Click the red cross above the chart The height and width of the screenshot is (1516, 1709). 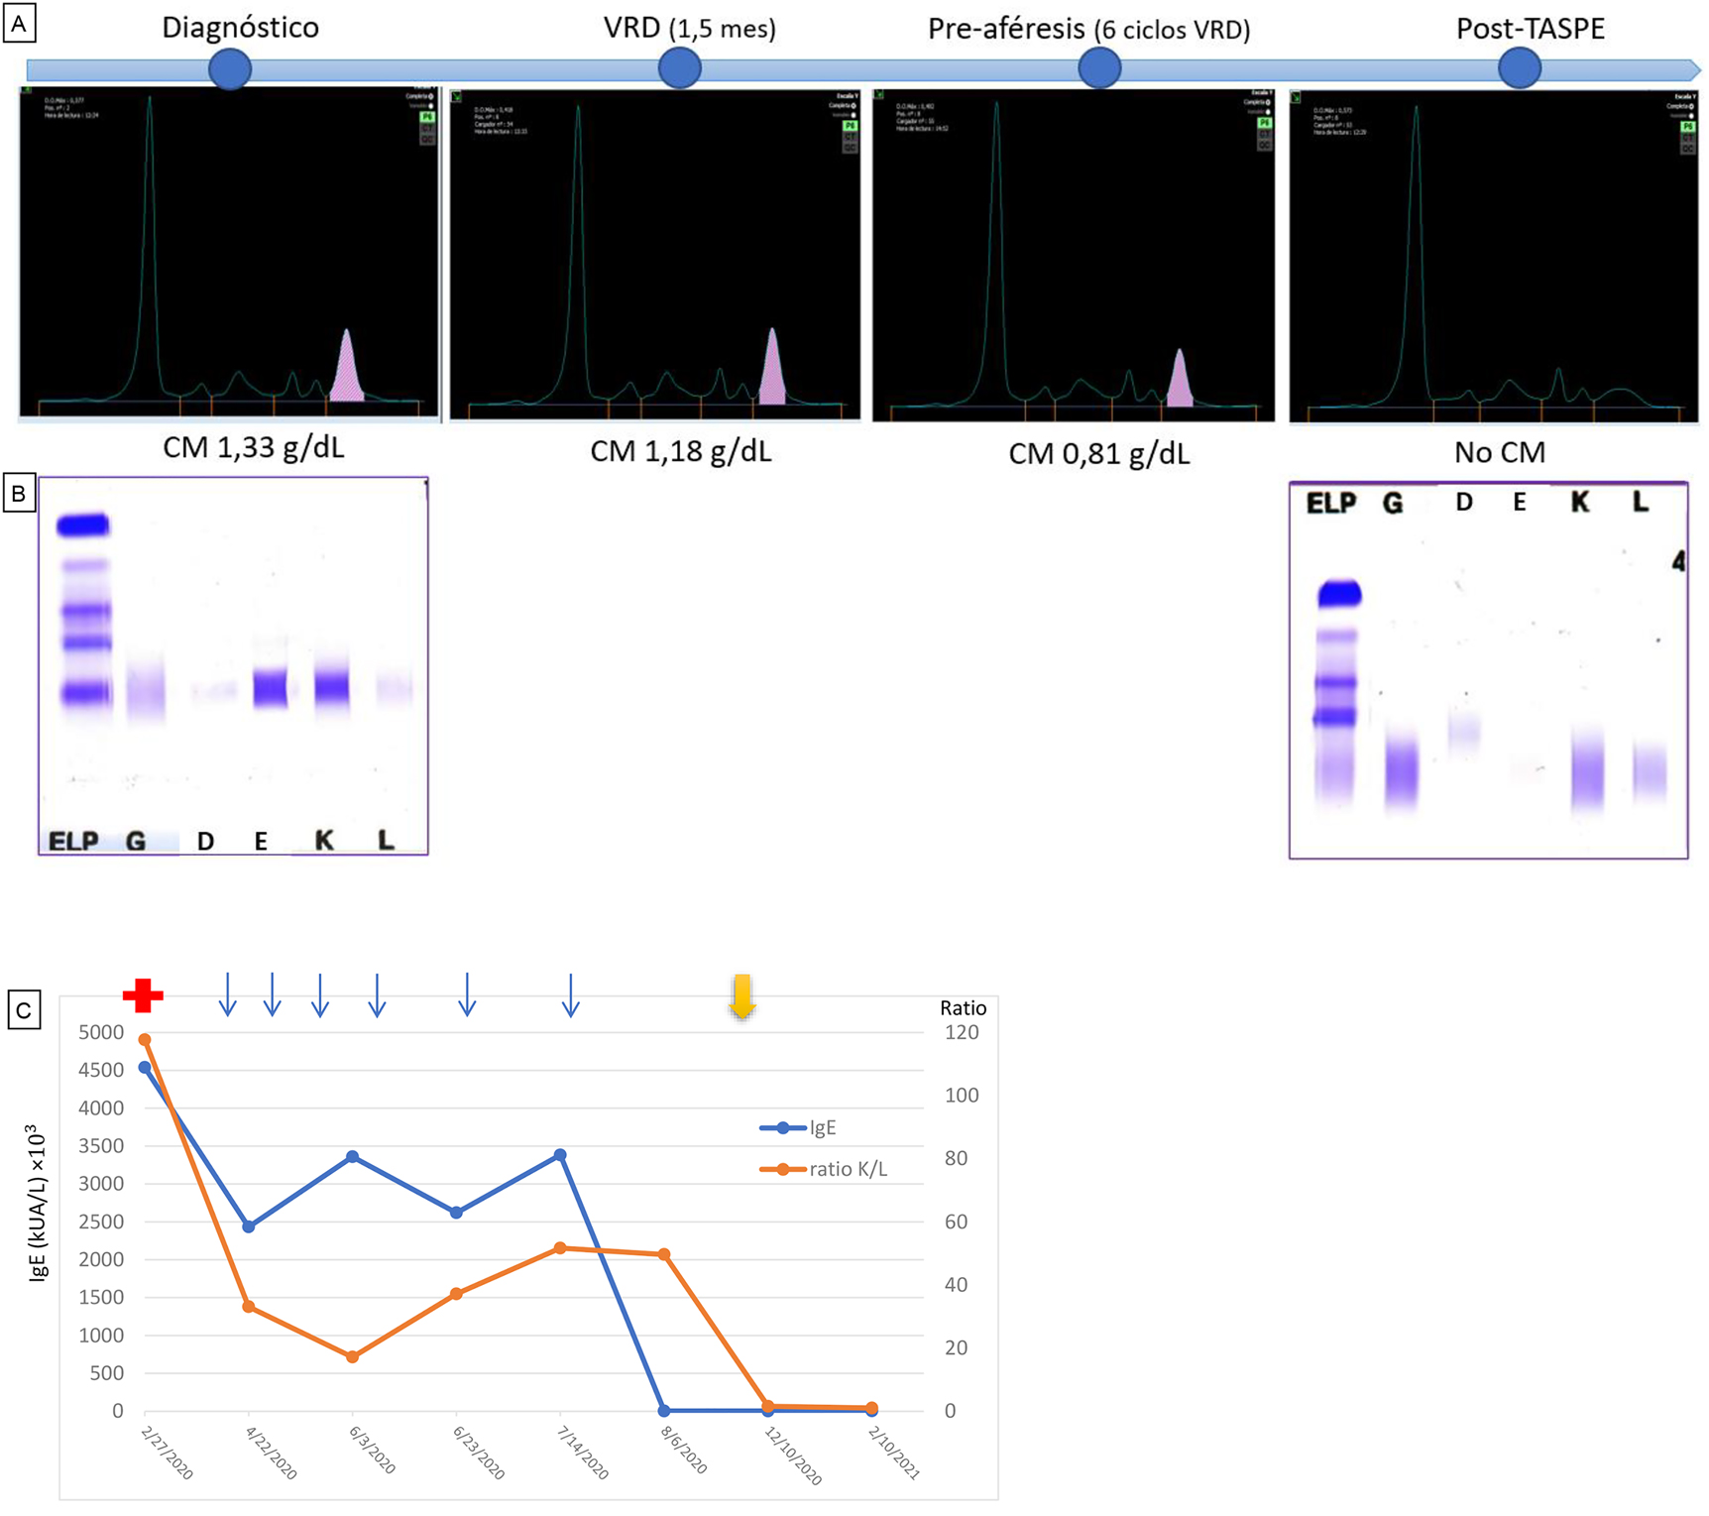[x=143, y=995]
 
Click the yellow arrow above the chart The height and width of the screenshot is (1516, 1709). [x=741, y=996]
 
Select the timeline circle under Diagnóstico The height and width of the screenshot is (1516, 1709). [x=230, y=68]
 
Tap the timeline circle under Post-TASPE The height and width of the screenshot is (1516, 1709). [x=1519, y=68]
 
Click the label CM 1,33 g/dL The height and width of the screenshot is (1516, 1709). [x=254, y=448]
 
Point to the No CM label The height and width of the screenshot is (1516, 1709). [x=1499, y=453]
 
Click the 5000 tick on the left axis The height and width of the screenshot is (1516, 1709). [x=101, y=1032]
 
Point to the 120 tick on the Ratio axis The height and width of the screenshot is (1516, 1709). [x=961, y=1032]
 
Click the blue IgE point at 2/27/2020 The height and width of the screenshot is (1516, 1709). [x=145, y=1068]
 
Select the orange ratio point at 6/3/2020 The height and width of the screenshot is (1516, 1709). [x=352, y=1356]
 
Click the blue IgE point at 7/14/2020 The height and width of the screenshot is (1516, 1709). [x=560, y=1155]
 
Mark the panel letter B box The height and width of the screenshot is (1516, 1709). [x=20, y=493]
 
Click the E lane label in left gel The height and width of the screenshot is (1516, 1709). [x=261, y=842]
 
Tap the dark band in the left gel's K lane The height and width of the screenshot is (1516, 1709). [x=331, y=687]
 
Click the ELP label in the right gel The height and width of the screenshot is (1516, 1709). [x=1330, y=504]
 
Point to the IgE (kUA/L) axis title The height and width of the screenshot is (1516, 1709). [x=38, y=1202]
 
